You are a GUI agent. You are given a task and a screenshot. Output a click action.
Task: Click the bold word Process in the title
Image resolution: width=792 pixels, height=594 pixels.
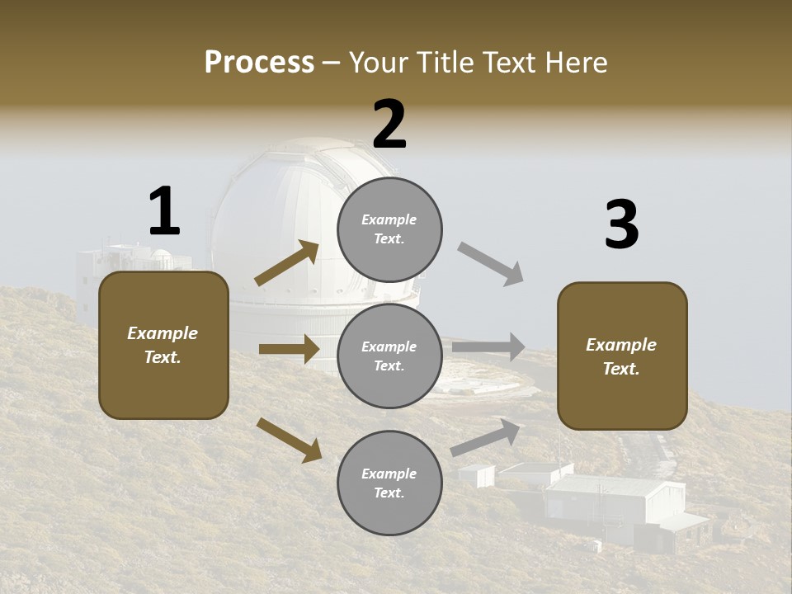pos(259,62)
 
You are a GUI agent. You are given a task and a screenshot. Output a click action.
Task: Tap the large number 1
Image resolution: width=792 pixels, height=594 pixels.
pos(164,211)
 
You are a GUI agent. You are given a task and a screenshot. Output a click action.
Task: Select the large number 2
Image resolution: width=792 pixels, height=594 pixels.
pos(389,125)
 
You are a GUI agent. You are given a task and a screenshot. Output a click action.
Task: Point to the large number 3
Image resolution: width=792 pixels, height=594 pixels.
pos(621,225)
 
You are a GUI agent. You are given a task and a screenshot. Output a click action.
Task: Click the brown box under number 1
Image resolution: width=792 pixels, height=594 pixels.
pos(163,345)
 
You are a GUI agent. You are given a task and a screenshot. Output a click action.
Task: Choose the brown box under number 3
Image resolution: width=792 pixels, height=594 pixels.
pos(622,356)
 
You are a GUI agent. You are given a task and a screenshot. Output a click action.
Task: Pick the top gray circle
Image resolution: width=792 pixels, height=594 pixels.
pos(389,229)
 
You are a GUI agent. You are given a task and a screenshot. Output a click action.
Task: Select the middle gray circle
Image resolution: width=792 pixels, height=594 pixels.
pos(389,356)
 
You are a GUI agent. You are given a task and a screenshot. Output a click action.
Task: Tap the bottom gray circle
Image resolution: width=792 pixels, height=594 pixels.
pos(389,483)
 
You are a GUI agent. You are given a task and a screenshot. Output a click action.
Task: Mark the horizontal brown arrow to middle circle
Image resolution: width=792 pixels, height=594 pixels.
pos(288,349)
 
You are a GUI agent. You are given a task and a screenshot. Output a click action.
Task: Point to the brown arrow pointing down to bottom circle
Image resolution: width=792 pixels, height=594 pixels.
pos(289,439)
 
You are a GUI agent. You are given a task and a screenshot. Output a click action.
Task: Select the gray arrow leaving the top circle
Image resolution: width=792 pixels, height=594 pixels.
pos(491,264)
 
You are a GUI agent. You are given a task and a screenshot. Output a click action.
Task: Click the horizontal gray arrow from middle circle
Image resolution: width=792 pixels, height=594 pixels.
pos(488,346)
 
